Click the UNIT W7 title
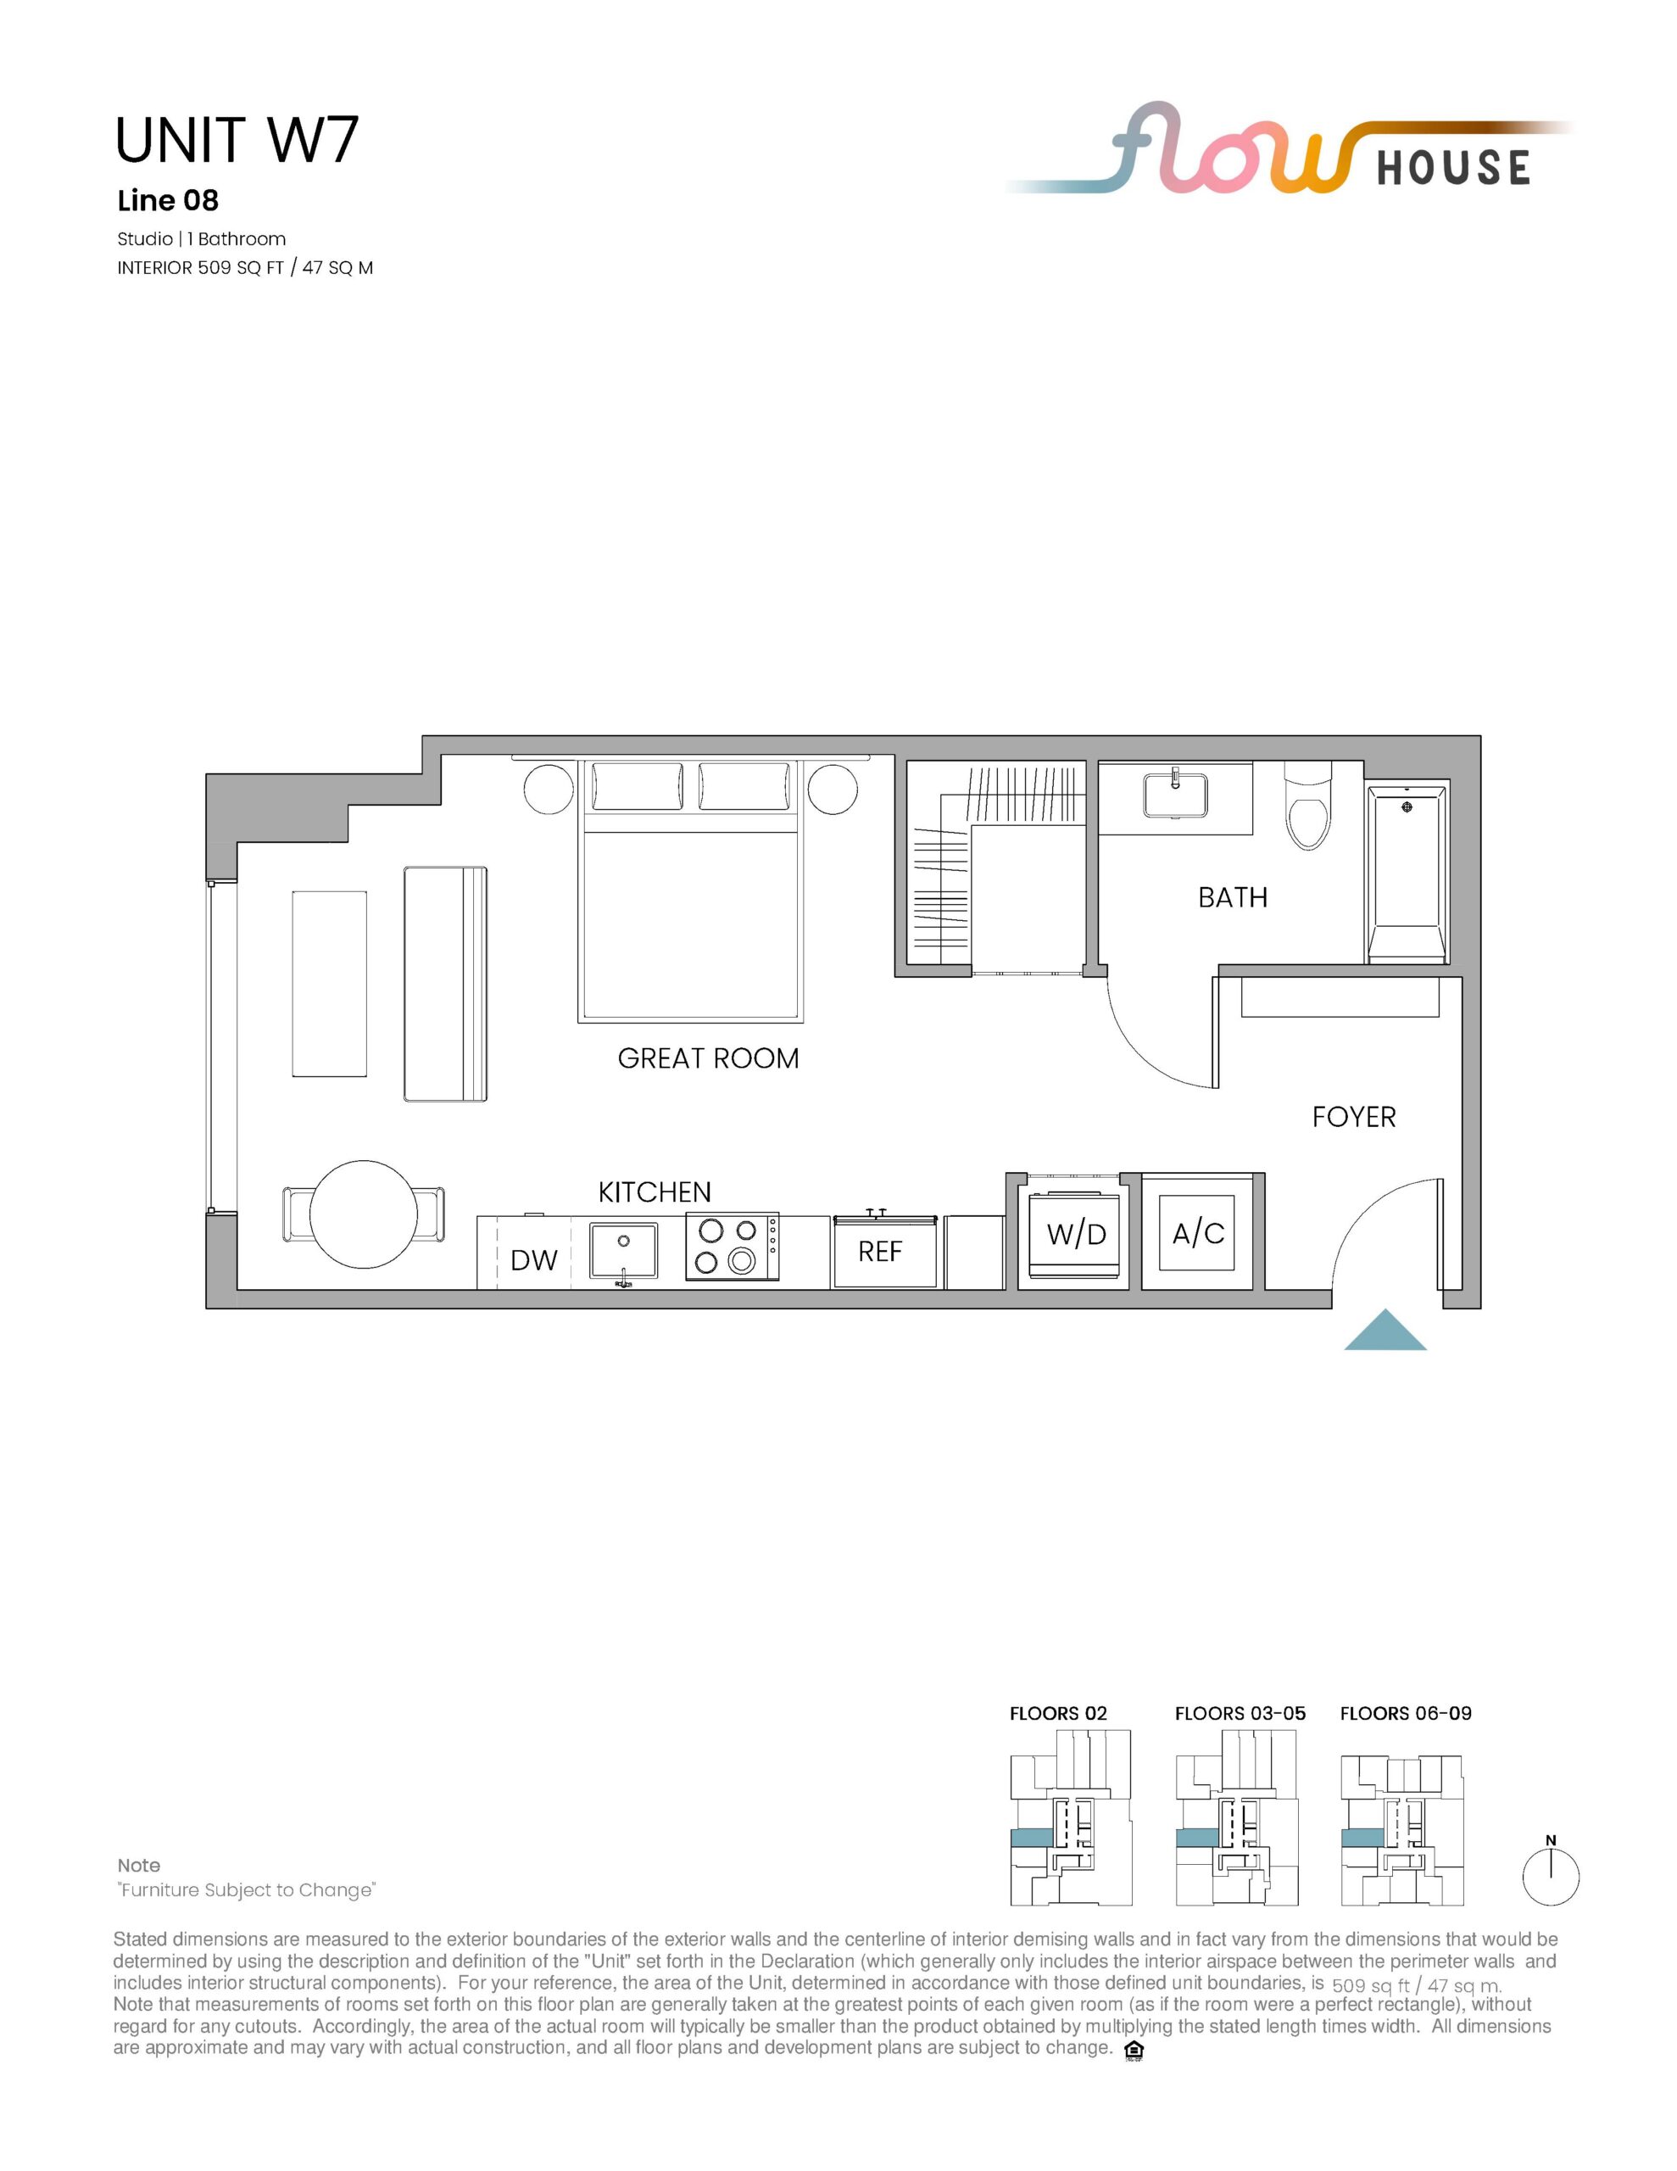pyautogui.click(x=237, y=140)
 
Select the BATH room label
pyautogui.click(x=1233, y=897)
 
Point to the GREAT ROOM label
pyautogui.click(x=708, y=1058)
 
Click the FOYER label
pyautogui.click(x=1354, y=1118)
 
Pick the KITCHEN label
pyautogui.click(x=655, y=1192)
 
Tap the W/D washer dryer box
pyautogui.click(x=1076, y=1235)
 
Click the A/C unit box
pyautogui.click(x=1198, y=1234)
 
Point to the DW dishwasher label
pyautogui.click(x=534, y=1260)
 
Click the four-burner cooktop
pyautogui.click(x=732, y=1247)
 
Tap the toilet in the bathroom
pyautogui.click(x=1307, y=806)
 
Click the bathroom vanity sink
pyautogui.click(x=1176, y=795)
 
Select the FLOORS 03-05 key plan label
pyautogui.click(x=1240, y=1714)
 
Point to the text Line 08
pyautogui.click(x=168, y=201)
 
